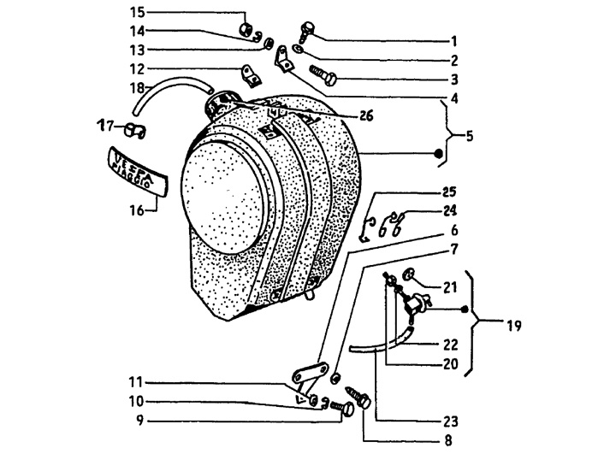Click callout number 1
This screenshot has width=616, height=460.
(x=454, y=41)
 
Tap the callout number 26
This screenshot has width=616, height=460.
(x=366, y=116)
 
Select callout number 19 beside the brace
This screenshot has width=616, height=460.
(x=514, y=326)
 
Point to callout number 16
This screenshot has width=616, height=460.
(x=138, y=211)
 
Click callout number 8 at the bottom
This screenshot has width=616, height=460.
(x=448, y=440)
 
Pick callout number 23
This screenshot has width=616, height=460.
(x=451, y=422)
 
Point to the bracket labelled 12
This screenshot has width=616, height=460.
(x=251, y=76)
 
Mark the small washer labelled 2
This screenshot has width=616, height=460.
(x=299, y=50)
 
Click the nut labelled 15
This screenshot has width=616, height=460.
(x=246, y=29)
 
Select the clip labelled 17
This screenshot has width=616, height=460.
(x=135, y=130)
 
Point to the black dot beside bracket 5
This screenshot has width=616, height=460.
(x=439, y=153)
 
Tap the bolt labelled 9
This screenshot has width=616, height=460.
(x=342, y=408)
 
